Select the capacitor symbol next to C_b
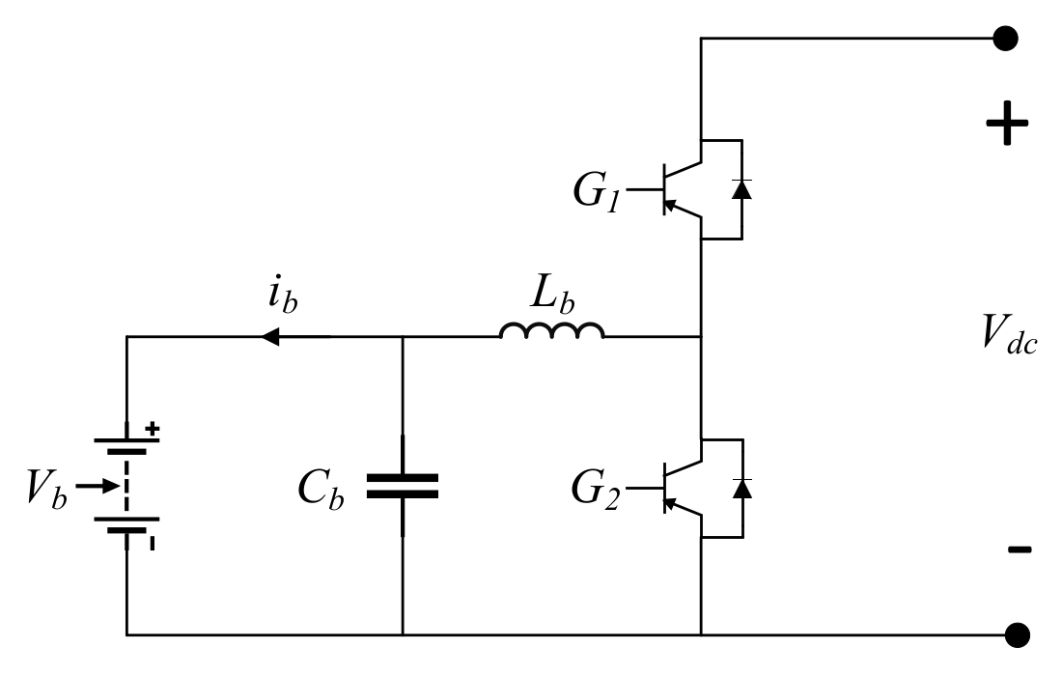point(402,485)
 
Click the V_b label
point(46,491)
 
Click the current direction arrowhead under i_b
point(271,337)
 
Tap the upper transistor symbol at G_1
point(681,188)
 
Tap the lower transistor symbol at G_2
point(681,487)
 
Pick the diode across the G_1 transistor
point(741,188)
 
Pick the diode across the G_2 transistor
point(741,487)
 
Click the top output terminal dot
point(1006,39)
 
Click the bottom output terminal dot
point(1016,634)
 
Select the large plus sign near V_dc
point(1006,124)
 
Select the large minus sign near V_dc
point(1019,550)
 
